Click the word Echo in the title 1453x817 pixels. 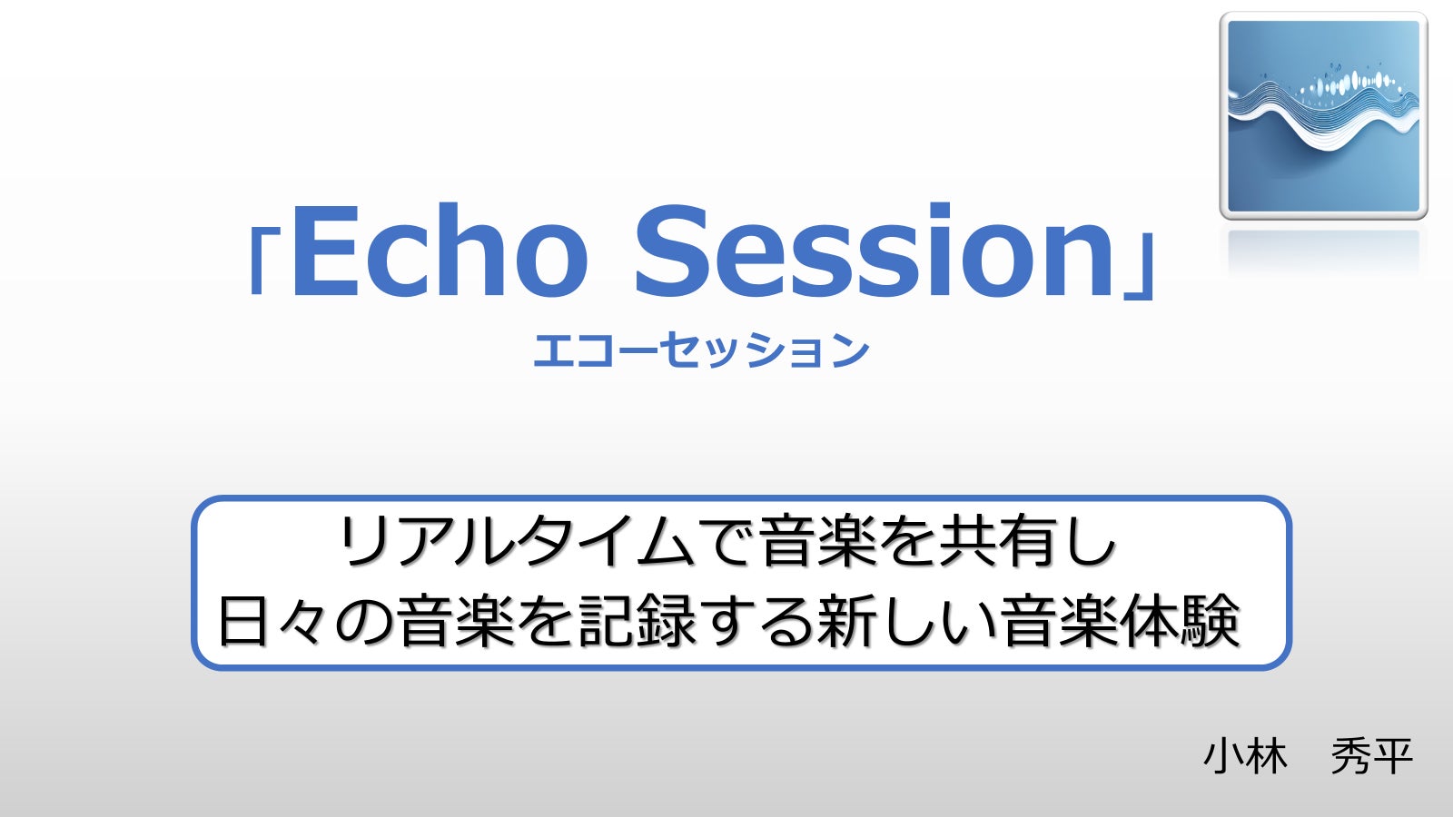tap(440, 251)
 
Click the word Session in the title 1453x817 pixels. tap(874, 251)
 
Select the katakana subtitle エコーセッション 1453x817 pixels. tap(700, 350)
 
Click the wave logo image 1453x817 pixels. tap(1323, 116)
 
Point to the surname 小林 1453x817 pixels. tap(1245, 757)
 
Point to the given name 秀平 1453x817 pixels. tap(1372, 757)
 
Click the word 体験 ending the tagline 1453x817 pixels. tap(1181, 621)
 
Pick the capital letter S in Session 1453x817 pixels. tap(669, 251)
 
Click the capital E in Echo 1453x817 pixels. tap(325, 251)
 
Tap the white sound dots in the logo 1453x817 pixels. tap(1349, 84)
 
